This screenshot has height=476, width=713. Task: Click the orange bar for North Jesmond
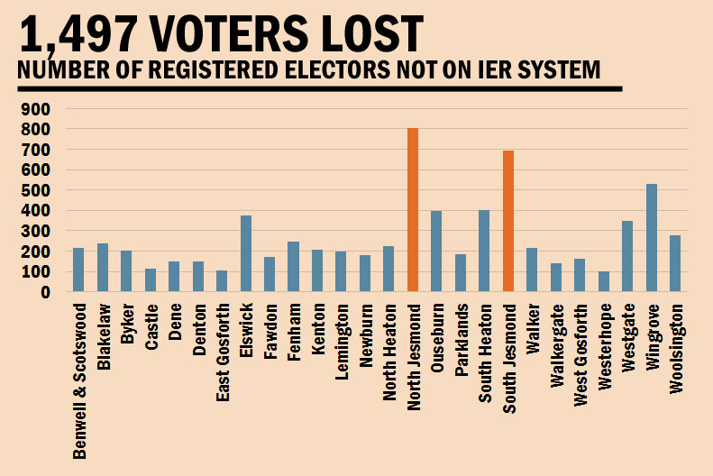(413, 210)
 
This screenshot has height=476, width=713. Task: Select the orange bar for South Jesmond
(508, 221)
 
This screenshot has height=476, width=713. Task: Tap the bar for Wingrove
(652, 238)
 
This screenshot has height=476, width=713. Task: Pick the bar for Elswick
(246, 253)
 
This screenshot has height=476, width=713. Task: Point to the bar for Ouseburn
(436, 252)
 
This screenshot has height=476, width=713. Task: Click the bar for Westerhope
(604, 281)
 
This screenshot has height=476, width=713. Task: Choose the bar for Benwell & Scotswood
(78, 270)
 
